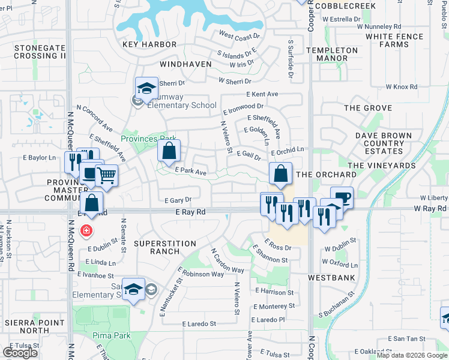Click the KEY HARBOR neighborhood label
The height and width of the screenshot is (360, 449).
click(x=149, y=44)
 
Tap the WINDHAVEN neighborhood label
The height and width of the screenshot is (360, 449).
click(x=186, y=63)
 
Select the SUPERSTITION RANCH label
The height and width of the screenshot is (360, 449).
click(x=164, y=247)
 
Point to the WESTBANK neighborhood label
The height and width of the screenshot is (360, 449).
click(x=331, y=278)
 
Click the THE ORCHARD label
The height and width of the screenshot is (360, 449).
click(x=327, y=175)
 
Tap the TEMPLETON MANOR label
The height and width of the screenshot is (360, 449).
click(x=332, y=55)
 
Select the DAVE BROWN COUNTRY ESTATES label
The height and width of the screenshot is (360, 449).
click(x=387, y=140)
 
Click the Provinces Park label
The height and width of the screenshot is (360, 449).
click(x=145, y=139)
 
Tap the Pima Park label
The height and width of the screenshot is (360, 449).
click(x=111, y=335)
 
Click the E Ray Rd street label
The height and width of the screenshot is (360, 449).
click(x=191, y=212)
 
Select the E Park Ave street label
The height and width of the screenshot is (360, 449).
click(x=190, y=172)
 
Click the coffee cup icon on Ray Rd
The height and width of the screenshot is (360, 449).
click(x=342, y=197)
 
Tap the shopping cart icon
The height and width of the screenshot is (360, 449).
click(x=106, y=175)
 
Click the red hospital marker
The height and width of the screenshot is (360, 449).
click(x=86, y=230)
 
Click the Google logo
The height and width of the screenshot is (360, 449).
click(x=20, y=353)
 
